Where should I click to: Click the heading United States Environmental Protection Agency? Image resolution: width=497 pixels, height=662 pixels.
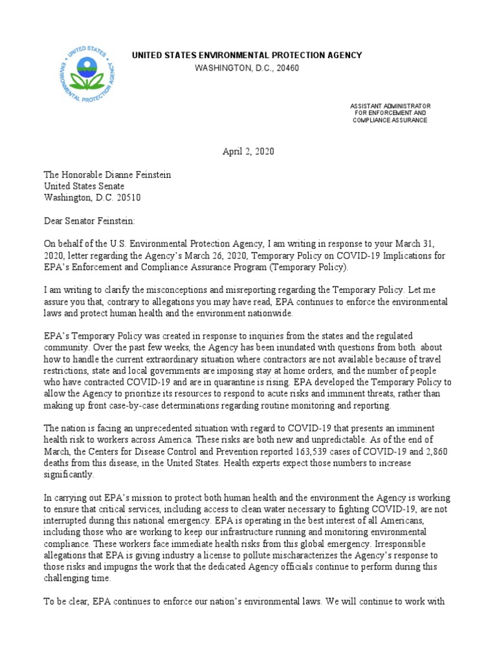click(247, 56)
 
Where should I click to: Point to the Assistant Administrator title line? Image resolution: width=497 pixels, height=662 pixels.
click(390, 105)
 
